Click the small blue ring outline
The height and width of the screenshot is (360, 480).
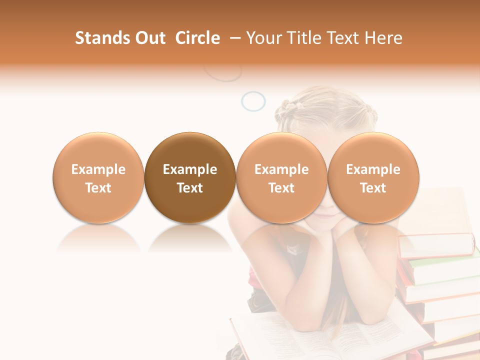(253, 101)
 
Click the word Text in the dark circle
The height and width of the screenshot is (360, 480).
(190, 188)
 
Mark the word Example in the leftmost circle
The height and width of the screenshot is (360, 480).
(98, 169)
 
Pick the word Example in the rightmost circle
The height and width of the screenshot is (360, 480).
(373, 169)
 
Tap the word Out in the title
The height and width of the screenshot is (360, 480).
(149, 38)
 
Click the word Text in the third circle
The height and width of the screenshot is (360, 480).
(281, 188)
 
